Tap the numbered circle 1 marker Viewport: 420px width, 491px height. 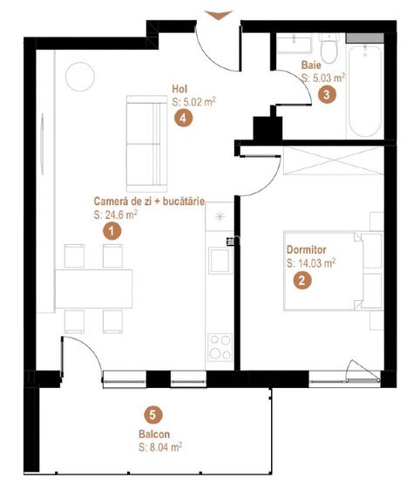click(112, 231)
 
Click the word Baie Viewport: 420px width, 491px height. click(311, 65)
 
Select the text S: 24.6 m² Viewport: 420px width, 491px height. click(116, 214)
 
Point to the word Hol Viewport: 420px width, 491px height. click(180, 88)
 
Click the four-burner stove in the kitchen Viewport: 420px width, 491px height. click(219, 345)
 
